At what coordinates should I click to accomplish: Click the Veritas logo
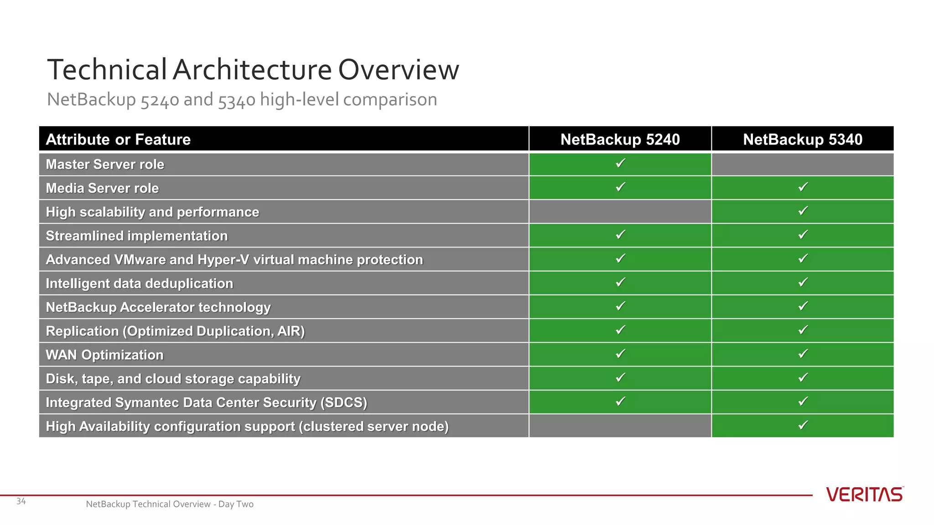tap(864, 494)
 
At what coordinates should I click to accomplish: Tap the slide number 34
tap(21, 501)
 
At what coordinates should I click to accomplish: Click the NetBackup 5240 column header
tap(620, 139)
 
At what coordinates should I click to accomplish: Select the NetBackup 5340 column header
tap(802, 139)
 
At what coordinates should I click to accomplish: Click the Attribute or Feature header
tap(118, 139)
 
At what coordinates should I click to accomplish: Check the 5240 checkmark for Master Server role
tap(620, 163)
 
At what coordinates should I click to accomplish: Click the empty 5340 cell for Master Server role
tap(802, 165)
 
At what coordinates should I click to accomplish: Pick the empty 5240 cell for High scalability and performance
tap(620, 212)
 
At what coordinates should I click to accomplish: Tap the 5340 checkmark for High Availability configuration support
tap(803, 425)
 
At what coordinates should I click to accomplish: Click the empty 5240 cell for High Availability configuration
tap(620, 426)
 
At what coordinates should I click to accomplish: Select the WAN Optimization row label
tap(104, 355)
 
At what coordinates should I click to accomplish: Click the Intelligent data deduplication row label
tap(139, 283)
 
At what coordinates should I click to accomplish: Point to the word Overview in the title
tap(398, 70)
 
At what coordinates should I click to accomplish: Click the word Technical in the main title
tap(107, 70)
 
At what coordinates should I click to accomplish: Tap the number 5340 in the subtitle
tap(236, 100)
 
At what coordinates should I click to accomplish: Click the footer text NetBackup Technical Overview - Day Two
tap(170, 504)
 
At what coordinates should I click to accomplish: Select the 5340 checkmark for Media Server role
tap(803, 187)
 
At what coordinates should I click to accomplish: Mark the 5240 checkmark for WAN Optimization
tap(620, 354)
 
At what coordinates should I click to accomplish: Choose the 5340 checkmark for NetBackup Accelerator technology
tap(803, 306)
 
